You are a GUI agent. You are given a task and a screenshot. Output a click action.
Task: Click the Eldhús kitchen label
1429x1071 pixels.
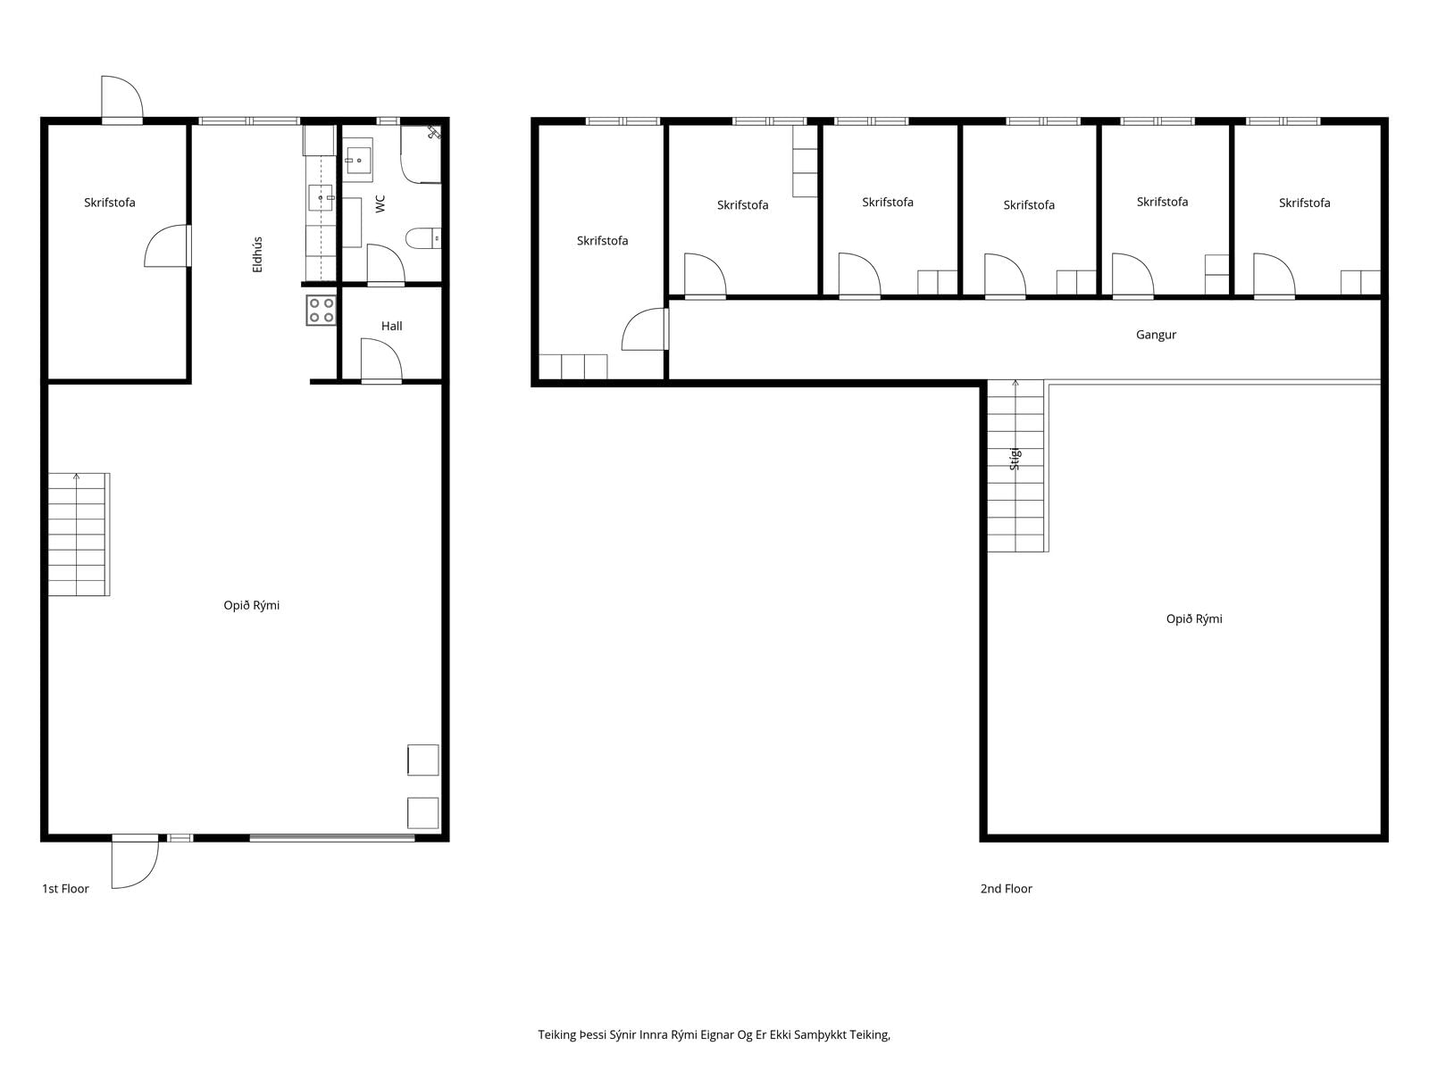click(257, 254)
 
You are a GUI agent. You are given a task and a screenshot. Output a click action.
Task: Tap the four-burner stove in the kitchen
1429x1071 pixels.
click(321, 311)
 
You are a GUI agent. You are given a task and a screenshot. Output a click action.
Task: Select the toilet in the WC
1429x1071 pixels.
click(423, 238)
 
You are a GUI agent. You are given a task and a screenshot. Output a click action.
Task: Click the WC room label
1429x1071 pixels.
click(380, 203)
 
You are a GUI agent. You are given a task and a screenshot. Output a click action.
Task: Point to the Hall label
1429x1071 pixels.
click(391, 326)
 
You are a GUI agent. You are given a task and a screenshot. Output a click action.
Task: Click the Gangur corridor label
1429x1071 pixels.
click(1156, 335)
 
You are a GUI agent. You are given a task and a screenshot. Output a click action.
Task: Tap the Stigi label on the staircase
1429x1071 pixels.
click(1015, 459)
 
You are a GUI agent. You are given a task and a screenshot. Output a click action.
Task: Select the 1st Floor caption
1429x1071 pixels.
click(65, 888)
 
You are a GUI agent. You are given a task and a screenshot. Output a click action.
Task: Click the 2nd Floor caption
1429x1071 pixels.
click(1006, 888)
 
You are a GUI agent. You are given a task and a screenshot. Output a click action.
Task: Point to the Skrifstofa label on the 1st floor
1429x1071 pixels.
click(109, 203)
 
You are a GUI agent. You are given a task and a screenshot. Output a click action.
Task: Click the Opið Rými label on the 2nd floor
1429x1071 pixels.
click(1194, 619)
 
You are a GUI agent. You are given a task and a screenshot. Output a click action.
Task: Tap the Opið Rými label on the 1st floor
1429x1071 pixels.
click(251, 605)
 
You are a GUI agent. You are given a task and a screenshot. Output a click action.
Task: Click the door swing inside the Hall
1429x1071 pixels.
click(381, 360)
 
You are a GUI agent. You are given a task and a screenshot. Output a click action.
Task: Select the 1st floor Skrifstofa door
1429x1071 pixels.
click(167, 245)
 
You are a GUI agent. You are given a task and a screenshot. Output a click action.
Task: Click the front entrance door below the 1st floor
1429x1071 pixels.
click(135, 861)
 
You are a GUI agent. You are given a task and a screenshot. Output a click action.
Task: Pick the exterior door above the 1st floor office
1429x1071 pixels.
click(121, 98)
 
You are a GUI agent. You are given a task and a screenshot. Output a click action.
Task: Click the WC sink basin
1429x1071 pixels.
click(358, 160)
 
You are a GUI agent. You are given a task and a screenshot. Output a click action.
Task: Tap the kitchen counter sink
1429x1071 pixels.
click(321, 197)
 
